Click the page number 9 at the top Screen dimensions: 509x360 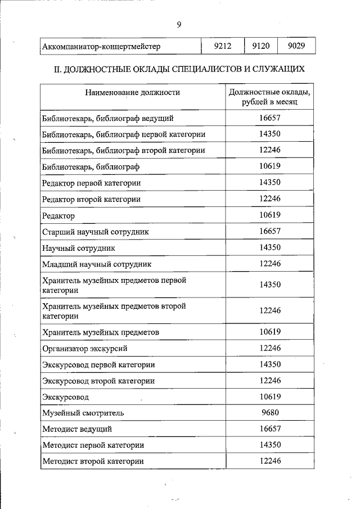coord(178,24)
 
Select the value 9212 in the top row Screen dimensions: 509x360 coord(223,46)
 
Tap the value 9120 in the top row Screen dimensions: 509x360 coord(260,46)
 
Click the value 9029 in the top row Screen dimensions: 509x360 coord(296,46)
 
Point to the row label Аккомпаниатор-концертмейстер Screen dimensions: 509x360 coord(101,47)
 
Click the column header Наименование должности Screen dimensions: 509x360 coord(133,92)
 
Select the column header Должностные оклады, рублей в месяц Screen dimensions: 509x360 coord(270,97)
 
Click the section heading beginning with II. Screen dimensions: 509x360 coord(178,70)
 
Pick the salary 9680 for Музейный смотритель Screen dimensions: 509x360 coord(270,412)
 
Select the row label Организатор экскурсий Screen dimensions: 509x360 coord(85,349)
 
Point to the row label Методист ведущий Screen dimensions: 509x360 coord(77,429)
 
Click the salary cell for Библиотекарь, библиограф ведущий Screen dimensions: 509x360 coord(270,118)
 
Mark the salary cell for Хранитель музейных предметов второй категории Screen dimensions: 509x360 coord(270,310)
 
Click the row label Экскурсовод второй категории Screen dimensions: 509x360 coord(98,381)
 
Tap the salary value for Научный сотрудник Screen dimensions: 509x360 coord(270,247)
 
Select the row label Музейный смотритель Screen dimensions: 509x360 coord(83,413)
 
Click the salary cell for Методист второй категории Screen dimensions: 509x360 coord(270,461)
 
